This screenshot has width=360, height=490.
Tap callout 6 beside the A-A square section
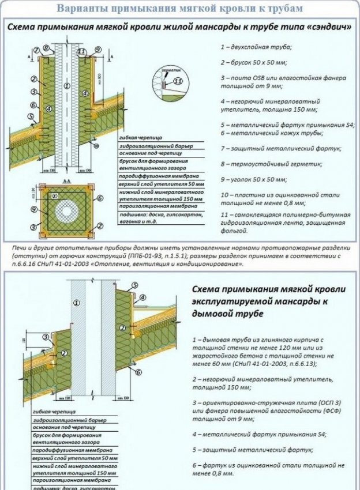click(x=100, y=198)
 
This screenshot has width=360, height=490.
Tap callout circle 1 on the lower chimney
click(x=76, y=302)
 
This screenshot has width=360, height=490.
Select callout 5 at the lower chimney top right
click(x=134, y=285)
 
